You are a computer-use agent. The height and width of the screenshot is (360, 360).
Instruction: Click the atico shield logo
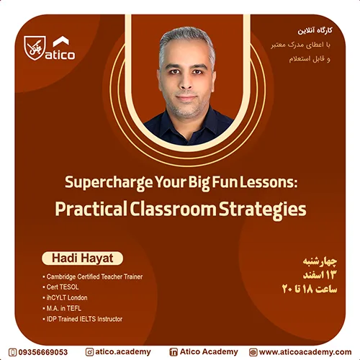point(34,48)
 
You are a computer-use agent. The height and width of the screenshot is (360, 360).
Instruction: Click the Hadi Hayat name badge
point(82,258)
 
